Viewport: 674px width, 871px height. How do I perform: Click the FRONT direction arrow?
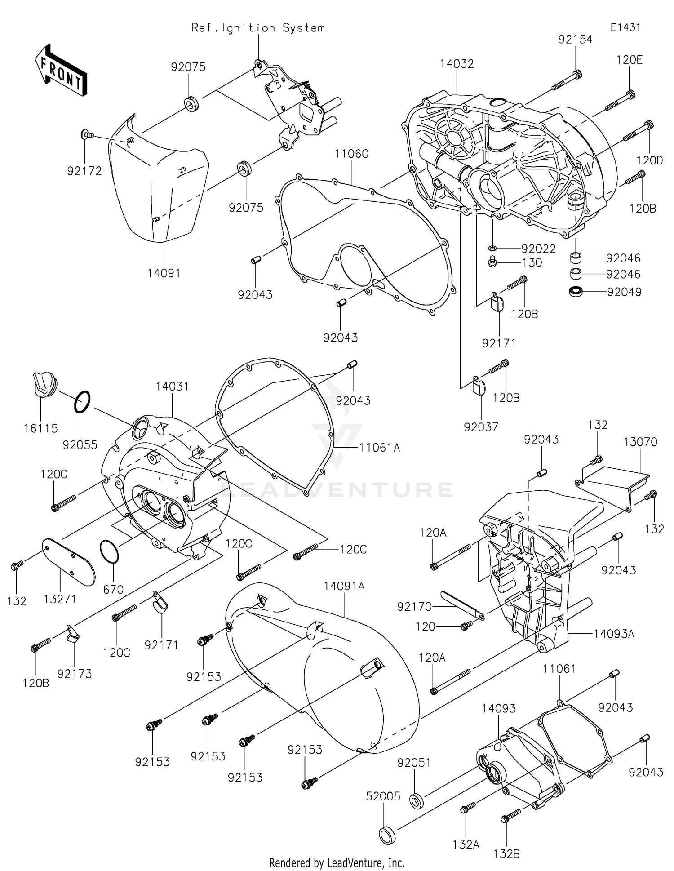tap(61, 71)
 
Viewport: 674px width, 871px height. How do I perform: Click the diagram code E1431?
tap(625, 27)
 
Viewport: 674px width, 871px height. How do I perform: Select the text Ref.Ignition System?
tap(258, 28)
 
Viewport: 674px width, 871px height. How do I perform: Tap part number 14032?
tap(457, 64)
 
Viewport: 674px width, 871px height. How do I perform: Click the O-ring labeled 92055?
tap(82, 401)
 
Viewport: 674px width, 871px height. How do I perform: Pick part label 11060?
tap(351, 154)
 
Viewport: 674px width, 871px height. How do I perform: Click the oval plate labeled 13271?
tap(69, 562)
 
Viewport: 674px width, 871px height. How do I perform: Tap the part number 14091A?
tap(344, 586)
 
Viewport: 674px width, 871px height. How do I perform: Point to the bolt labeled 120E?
tap(620, 101)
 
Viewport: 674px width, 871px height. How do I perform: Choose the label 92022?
tap(538, 249)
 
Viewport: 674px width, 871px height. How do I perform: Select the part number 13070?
tap(640, 442)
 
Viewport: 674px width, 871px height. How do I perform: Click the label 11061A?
tap(379, 447)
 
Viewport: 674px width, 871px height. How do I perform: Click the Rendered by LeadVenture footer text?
tap(337, 862)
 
